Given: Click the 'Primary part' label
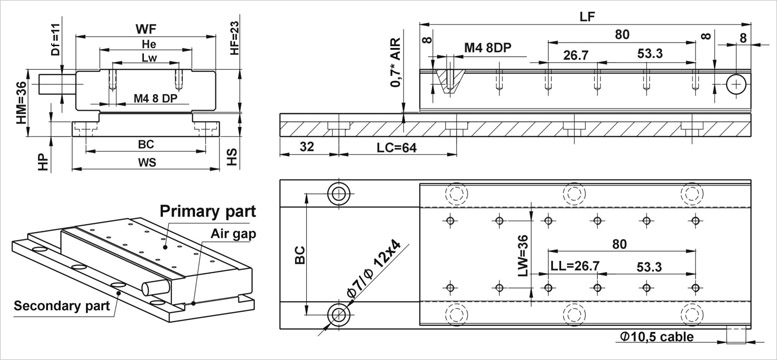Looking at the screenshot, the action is (x=208, y=211).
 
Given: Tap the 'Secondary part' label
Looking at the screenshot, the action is (x=61, y=305).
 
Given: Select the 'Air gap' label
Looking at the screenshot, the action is (x=233, y=234).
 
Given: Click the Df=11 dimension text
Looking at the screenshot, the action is (x=55, y=42).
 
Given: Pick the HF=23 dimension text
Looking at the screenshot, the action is (x=234, y=40).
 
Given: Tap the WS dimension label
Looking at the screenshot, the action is (x=147, y=162).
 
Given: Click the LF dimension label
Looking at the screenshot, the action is (x=587, y=16).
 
